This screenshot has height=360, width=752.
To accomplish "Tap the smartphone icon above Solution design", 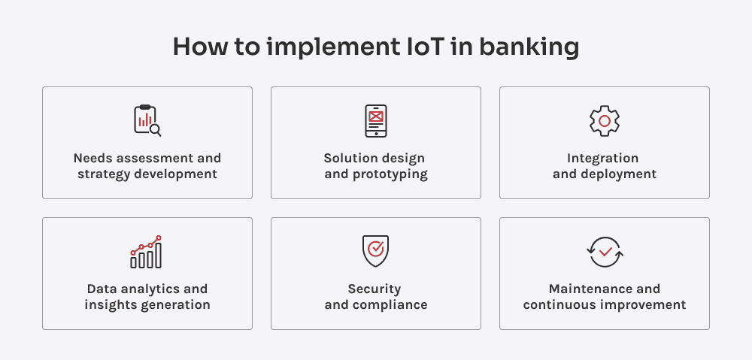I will (x=376, y=121).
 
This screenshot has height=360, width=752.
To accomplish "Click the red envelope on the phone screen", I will (x=376, y=116).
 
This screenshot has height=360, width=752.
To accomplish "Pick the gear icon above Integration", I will (x=604, y=121).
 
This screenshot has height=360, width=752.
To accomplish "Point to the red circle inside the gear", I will (x=604, y=121).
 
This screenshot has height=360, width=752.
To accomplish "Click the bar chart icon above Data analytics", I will (x=146, y=252).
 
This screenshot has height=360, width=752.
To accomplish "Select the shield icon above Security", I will (x=375, y=251).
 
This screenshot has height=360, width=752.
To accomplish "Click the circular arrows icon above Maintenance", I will (x=605, y=252).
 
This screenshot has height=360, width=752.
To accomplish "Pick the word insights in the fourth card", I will (x=110, y=305).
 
